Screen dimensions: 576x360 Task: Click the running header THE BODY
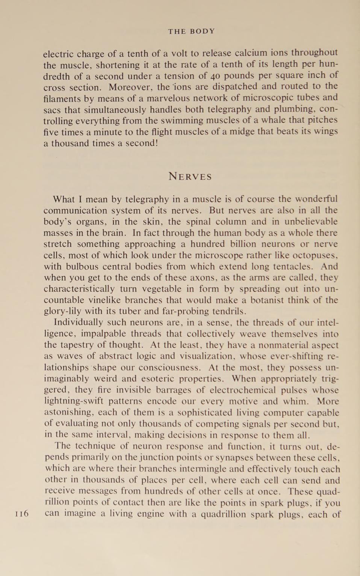[191, 32]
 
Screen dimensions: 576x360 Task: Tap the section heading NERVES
[190, 176]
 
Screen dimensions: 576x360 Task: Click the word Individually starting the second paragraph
[78, 322]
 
